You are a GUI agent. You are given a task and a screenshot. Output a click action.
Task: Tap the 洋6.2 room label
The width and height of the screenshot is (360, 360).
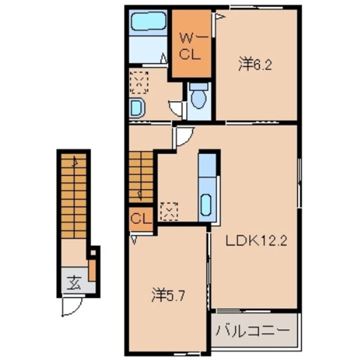pyautogui.click(x=255, y=65)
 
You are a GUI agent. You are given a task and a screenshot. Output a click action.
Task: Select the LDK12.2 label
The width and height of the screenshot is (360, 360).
pyautogui.click(x=255, y=241)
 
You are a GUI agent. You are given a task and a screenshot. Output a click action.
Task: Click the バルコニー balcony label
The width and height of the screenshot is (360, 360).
pyautogui.click(x=253, y=331)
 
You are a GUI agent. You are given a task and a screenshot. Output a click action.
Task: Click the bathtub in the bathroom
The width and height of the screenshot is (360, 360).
pyautogui.click(x=148, y=21)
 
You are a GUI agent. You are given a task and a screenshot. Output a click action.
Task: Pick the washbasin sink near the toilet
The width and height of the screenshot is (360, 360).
pyautogui.click(x=136, y=106)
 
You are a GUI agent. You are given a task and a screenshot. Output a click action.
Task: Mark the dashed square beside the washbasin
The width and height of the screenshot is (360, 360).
pyautogui.click(x=139, y=82)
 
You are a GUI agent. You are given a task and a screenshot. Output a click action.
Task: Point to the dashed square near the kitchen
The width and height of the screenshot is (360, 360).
pyautogui.click(x=169, y=210)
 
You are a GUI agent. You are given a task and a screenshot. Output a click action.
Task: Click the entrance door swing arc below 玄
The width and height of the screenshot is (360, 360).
pyautogui.click(x=71, y=306)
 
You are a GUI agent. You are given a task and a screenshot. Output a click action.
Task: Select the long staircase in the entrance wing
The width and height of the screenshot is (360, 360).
pyautogui.click(x=74, y=195)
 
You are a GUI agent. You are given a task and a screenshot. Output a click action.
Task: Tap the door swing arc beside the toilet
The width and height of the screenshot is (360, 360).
pyautogui.click(x=176, y=108)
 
